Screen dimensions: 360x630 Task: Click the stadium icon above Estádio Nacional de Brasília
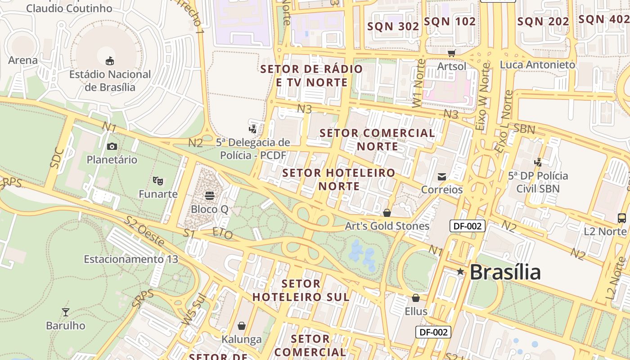(109, 61)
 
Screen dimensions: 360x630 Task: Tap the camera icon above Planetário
(112, 146)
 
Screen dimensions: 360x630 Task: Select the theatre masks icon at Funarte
(157, 180)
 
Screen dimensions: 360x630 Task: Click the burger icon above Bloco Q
(210, 196)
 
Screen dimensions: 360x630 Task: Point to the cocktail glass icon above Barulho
(66, 312)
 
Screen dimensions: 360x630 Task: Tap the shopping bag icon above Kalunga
(242, 325)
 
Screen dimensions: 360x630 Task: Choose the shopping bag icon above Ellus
(416, 298)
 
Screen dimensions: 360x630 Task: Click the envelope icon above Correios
(442, 177)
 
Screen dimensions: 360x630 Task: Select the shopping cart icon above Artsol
(451, 53)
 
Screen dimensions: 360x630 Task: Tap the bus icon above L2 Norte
(621, 218)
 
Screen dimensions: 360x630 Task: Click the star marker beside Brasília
(460, 271)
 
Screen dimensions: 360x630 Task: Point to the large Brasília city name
(505, 272)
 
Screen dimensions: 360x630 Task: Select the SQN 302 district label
(393, 27)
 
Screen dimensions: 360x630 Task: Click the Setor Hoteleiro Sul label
(301, 290)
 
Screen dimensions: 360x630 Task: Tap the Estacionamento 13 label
(131, 259)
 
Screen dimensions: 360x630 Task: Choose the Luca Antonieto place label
(537, 64)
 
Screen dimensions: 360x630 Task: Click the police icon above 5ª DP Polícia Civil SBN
(538, 162)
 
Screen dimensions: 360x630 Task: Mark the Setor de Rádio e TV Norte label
(311, 76)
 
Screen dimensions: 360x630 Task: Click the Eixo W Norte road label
(483, 97)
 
